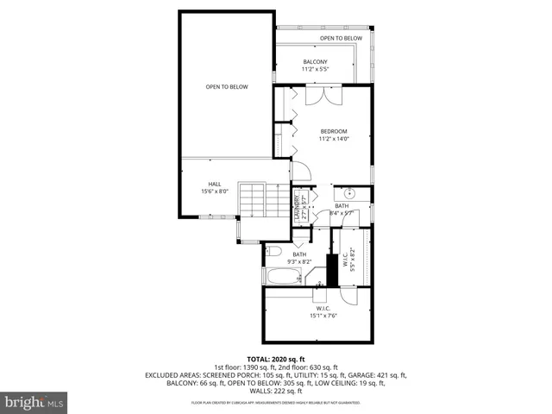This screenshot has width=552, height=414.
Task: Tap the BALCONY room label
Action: click(x=314, y=62)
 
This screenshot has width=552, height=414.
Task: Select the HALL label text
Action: click(x=215, y=184)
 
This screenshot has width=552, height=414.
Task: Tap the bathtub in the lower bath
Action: click(x=281, y=277)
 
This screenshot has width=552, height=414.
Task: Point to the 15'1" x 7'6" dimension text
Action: click(x=323, y=316)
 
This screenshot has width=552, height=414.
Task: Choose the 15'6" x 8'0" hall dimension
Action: click(x=215, y=191)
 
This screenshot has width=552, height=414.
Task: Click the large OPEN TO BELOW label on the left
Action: click(x=227, y=86)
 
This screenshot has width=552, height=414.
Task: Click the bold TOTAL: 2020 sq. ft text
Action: click(x=276, y=358)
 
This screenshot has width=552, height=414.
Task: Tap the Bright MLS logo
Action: click(x=34, y=401)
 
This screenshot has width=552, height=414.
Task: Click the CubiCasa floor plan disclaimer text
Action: click(x=276, y=401)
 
